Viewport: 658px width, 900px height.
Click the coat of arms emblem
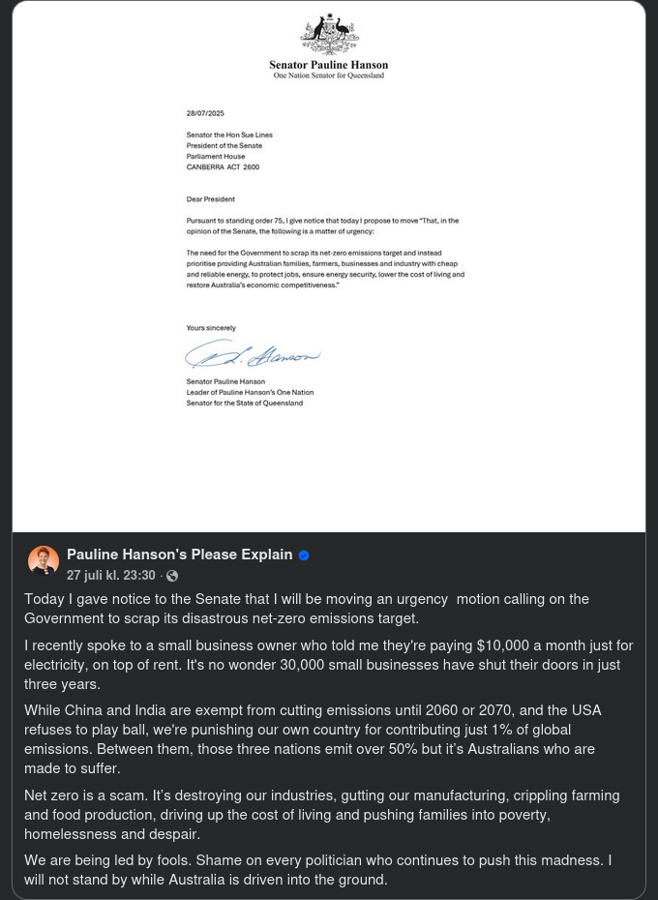[329, 35]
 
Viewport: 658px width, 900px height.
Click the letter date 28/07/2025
[205, 114]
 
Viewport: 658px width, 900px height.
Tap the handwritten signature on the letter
[252, 356]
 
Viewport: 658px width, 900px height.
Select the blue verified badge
[304, 555]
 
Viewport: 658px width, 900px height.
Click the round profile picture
[44, 561]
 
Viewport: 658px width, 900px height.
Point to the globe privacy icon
[172, 576]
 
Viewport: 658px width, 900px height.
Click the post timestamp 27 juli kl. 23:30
[110, 576]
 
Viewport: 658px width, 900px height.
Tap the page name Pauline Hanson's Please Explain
[179, 555]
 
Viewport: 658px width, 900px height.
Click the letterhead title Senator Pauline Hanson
[329, 65]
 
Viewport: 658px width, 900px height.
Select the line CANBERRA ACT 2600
[223, 167]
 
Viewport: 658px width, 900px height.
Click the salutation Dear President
[211, 199]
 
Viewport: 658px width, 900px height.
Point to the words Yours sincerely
[211, 328]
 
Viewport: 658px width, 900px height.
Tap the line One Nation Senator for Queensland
[329, 75]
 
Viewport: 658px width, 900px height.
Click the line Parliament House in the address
[216, 157]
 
